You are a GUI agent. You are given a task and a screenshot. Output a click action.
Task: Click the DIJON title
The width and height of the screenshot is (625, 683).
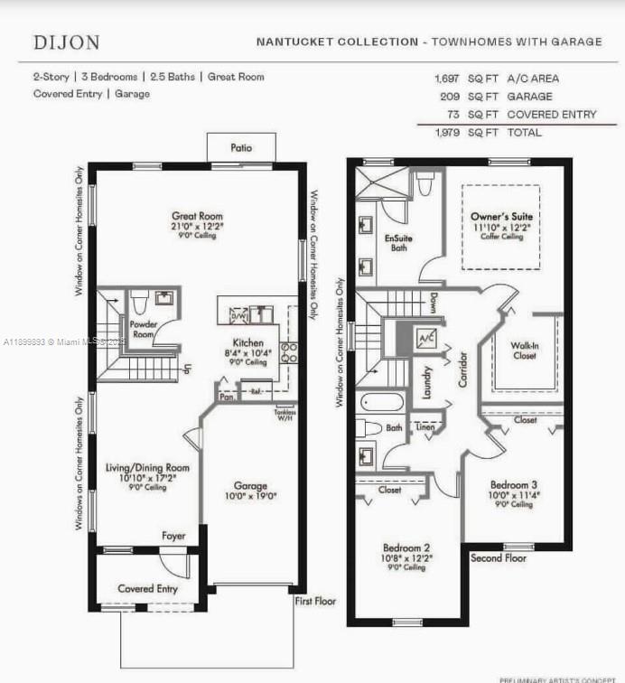click(67, 42)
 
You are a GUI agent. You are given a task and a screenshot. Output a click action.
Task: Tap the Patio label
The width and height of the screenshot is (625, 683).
click(241, 148)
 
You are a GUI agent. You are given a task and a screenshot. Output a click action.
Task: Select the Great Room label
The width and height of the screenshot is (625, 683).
click(198, 216)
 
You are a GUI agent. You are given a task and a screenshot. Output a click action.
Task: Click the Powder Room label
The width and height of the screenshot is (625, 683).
click(145, 329)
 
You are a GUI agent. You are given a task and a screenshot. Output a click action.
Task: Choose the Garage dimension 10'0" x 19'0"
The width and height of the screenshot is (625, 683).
click(252, 496)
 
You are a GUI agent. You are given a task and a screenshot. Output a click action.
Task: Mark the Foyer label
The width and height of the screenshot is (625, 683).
click(173, 536)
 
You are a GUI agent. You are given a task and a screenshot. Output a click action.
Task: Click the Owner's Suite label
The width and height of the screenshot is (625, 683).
click(501, 217)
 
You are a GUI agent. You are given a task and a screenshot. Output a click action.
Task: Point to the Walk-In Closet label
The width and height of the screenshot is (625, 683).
click(524, 351)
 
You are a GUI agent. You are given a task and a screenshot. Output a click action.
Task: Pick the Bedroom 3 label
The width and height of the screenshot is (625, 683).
click(514, 484)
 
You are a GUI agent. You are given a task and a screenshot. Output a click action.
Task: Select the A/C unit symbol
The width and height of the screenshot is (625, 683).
click(424, 339)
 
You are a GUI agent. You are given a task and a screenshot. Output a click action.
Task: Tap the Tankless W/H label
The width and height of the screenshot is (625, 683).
click(285, 415)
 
